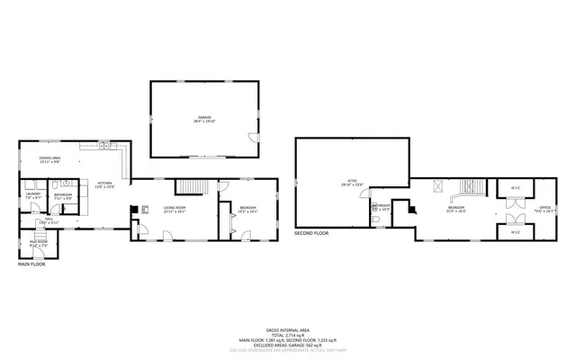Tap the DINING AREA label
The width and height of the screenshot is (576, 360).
tap(49, 160)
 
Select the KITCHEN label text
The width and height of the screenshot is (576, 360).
tap(106, 184)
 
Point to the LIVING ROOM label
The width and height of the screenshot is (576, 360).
tap(175, 209)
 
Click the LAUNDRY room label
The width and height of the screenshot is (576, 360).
tap(33, 193)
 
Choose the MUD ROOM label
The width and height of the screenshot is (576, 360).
tap(39, 243)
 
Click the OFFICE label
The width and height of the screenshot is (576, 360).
tap(544, 209)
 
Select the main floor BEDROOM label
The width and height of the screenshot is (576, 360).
tap(247, 209)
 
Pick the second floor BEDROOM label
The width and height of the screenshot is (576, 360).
tap(456, 209)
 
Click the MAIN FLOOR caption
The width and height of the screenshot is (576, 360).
tap(31, 264)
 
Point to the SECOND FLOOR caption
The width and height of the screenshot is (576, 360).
tap(311, 233)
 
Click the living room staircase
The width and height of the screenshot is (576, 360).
tap(192, 186)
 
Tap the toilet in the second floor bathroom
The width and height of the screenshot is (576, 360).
tap(375, 219)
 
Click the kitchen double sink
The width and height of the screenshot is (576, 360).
tap(105, 145)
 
